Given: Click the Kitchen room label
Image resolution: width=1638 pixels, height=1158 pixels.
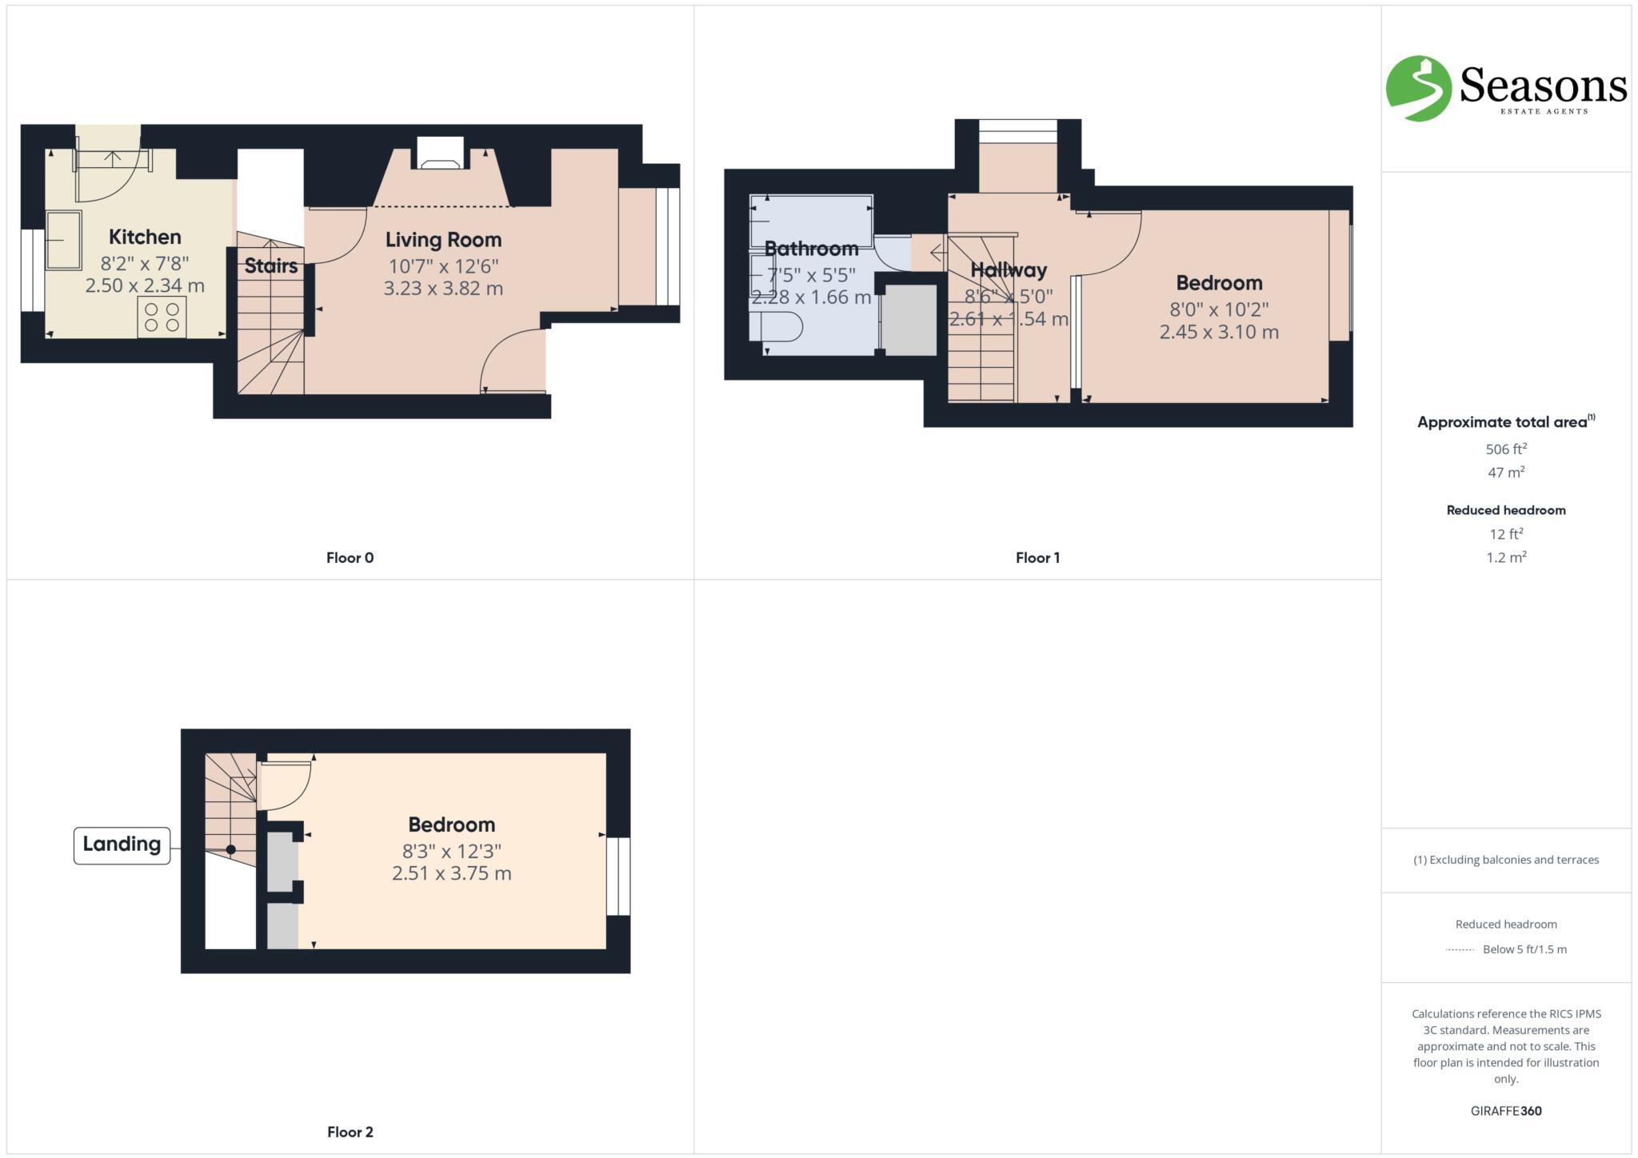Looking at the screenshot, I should coord(145,237).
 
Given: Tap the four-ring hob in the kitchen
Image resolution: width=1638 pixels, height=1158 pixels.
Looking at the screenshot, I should coord(162,317).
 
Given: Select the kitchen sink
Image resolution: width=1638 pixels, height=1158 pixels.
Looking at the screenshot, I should coord(64,240).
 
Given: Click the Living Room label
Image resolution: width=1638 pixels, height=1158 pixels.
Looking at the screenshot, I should coord(443,240).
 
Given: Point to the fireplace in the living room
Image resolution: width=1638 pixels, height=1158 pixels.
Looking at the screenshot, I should coord(437,154).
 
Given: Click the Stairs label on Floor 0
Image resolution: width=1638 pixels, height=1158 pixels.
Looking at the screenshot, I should coord(270,266).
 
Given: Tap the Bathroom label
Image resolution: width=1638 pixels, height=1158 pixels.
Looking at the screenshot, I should coord(811,249).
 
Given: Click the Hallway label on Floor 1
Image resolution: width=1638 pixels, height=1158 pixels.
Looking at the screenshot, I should coord(1008,270).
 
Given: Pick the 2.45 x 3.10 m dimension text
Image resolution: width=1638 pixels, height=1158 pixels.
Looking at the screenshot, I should coord(1219,332).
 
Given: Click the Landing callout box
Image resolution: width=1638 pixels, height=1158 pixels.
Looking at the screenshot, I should coord(122,845).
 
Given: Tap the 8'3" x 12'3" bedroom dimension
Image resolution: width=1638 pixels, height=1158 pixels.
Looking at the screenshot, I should coord(451,851).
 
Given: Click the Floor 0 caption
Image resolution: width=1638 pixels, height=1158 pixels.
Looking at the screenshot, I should coord(350,558).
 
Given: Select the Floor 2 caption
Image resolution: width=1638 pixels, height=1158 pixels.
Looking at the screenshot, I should coord(350,1132).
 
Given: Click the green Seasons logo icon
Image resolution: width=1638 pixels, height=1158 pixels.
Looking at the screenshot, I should coord(1418,88).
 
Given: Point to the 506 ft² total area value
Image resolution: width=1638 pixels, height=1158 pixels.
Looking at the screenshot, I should coord(1506,449).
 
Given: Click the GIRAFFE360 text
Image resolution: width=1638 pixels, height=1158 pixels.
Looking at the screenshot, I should coord(1506,1111).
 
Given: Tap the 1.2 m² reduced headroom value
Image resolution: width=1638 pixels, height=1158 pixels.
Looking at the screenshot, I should coord(1506,557).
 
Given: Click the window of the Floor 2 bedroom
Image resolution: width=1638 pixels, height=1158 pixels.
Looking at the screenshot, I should coord(618,876).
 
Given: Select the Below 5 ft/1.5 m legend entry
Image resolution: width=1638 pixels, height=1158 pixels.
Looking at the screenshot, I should coord(1524,949).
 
